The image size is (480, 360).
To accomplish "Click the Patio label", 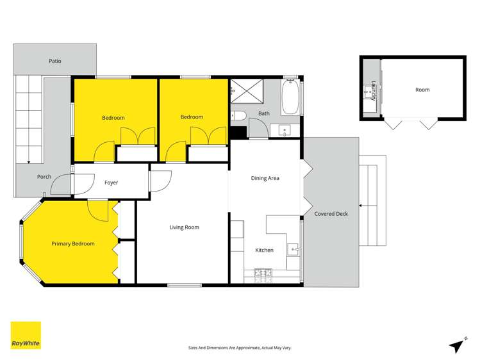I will pos(55,61).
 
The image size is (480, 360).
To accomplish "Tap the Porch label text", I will pos(44,177).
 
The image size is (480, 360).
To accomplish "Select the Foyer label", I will pos(111,183).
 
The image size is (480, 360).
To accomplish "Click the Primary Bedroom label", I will pos(73,243).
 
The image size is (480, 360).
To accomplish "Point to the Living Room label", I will pos(184,227).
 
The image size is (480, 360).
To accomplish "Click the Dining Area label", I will pos(265,178).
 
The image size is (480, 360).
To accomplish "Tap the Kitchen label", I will pos(264,250).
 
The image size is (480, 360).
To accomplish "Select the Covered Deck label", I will pos(331,213).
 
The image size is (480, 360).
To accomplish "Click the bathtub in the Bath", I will pos(290,98).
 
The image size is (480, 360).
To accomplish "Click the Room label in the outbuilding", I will pos(422,90).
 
